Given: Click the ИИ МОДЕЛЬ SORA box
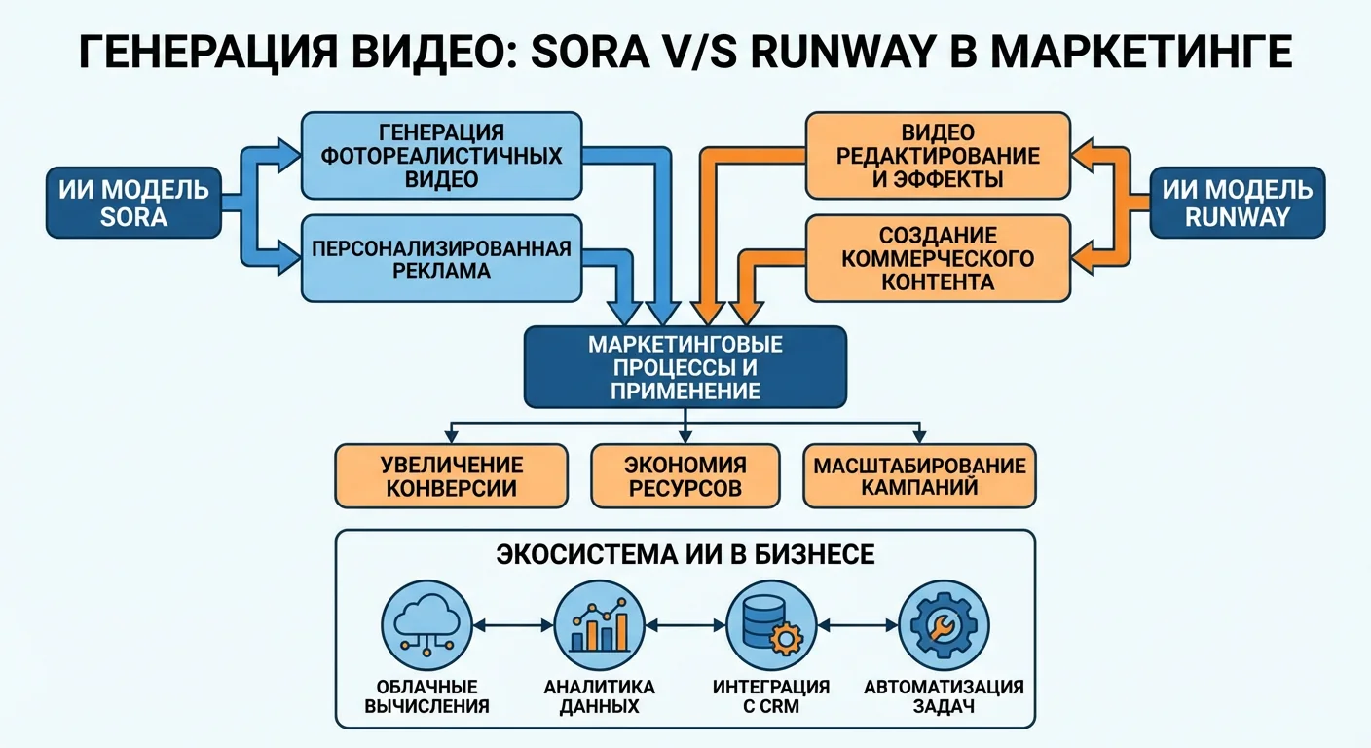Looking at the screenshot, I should pyautogui.click(x=133, y=203).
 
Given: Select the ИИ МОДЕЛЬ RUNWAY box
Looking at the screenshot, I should pyautogui.click(x=1237, y=203).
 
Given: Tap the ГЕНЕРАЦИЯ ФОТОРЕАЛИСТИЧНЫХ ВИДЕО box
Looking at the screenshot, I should pyautogui.click(x=441, y=155).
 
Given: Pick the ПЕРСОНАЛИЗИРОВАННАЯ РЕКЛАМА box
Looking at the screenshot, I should pyautogui.click(x=441, y=258).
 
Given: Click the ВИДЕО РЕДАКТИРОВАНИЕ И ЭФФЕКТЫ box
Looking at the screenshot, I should pyautogui.click(x=938, y=155).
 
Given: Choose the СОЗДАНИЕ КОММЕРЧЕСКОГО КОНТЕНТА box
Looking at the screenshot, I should pyautogui.click(x=938, y=258).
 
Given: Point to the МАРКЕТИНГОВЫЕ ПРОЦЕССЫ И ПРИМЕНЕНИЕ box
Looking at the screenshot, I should pyautogui.click(x=685, y=367).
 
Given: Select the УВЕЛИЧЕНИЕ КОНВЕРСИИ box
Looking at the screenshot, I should pyautogui.click(x=451, y=476).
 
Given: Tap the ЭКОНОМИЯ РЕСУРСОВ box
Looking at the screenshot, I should pyautogui.click(x=685, y=476).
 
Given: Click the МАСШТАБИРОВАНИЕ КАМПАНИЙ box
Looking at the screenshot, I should pyautogui.click(x=919, y=476).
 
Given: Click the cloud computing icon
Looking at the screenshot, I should pyautogui.click(x=426, y=624).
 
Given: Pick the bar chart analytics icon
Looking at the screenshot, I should pyautogui.click(x=600, y=624).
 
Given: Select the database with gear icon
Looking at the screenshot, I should pyautogui.click(x=771, y=624).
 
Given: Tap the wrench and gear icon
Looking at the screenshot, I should pyautogui.click(x=943, y=624).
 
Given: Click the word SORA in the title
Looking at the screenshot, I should pyautogui.click(x=594, y=51).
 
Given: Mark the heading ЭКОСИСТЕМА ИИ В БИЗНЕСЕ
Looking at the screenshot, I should pyautogui.click(x=685, y=555).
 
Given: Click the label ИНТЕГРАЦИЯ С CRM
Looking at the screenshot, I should pyautogui.click(x=771, y=696).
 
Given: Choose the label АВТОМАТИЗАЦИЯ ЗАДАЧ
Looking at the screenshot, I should pyautogui.click(x=943, y=696).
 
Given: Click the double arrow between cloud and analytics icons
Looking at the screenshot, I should pyautogui.click(x=513, y=624).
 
